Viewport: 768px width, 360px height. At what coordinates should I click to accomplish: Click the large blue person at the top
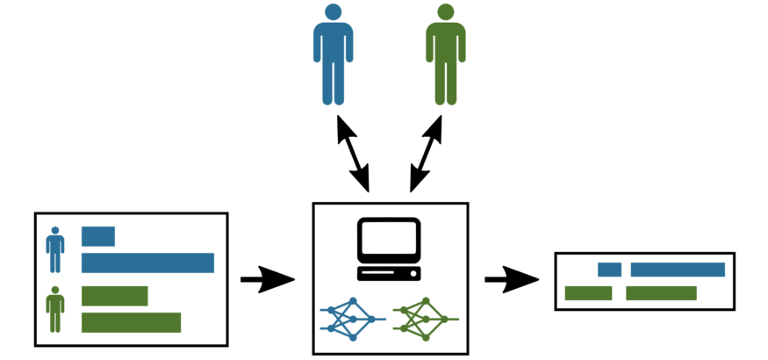pos(333,57)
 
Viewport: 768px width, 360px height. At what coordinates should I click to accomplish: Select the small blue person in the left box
pos(55,250)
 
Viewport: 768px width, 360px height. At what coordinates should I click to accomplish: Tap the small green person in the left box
pos(55,310)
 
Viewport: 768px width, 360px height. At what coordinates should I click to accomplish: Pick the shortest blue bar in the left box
pos(98,236)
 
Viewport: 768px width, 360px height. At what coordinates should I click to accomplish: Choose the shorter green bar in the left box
pos(114,296)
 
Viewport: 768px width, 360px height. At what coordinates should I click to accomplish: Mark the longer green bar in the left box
pos(131,322)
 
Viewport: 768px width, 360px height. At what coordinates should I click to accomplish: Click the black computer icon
pos(389,249)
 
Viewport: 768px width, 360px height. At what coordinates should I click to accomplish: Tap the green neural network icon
pos(425,319)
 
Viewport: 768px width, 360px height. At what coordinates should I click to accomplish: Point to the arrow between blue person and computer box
pos(354,155)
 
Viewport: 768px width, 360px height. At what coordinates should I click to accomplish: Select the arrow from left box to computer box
pos(267,280)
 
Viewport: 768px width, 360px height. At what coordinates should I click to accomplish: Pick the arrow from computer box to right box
pos(511,280)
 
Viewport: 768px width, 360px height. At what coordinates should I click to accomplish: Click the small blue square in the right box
pos(609,270)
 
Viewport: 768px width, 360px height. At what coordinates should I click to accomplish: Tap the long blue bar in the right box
pos(678,270)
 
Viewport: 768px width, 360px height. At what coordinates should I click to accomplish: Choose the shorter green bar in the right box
pos(588,293)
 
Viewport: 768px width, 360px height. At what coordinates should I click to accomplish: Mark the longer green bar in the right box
pos(661,293)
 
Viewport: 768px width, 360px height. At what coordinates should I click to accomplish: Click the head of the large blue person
pos(333,12)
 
